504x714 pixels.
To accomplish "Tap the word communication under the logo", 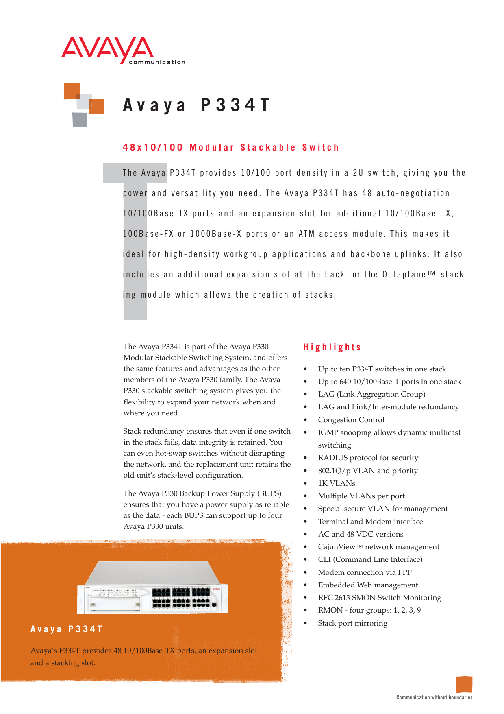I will tap(157, 62).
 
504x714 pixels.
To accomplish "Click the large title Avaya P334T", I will tap(196, 105).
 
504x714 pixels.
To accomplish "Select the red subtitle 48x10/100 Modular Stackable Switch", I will tap(230, 147).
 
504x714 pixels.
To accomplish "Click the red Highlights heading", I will tap(332, 347).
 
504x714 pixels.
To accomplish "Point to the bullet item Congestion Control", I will tap(351, 419).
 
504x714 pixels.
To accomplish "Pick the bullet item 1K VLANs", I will tap(337, 483).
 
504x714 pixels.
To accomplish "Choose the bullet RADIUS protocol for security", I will tap(368, 458).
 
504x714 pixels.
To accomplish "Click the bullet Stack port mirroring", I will tap(352, 623).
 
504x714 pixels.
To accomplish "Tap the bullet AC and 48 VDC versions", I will tap(361, 534).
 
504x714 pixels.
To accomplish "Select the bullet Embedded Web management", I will tap(368, 585).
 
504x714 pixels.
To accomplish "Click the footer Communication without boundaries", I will tap(434, 697).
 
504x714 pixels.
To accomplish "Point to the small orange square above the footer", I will tap(464, 684).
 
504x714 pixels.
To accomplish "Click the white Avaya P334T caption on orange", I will tap(67, 629).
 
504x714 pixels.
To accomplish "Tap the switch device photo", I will tap(152, 588).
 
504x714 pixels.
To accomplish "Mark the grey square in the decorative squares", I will tap(80, 120).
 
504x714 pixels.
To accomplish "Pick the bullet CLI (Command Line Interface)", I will tap(370, 559).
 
